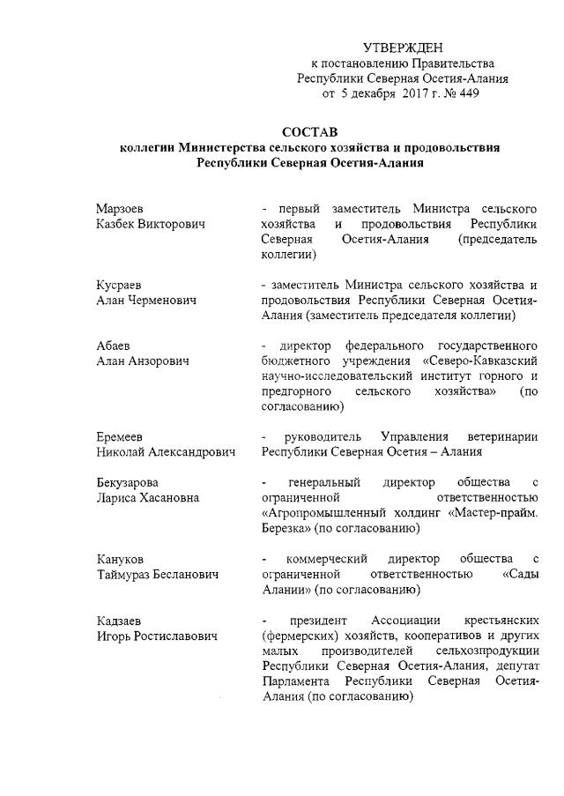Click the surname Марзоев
(122, 210)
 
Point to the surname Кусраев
(119, 286)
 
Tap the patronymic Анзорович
(162, 361)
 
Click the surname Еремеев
(119, 437)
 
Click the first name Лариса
(115, 498)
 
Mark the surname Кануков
(120, 559)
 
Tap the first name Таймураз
(126, 574)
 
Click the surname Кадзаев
(119, 621)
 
